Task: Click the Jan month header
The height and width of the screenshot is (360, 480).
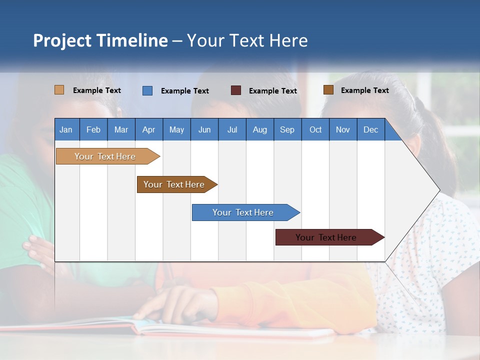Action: coord(66,129)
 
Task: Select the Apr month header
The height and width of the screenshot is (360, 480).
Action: coord(148,129)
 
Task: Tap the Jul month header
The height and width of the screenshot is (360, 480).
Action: coord(232,129)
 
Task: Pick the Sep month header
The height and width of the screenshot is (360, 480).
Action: coord(287,129)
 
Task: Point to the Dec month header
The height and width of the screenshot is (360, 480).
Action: coord(370,129)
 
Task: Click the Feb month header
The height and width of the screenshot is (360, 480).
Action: coord(93,129)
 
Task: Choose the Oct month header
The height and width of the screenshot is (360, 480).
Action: coord(315,129)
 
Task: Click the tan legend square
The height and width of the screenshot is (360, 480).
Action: coord(59,90)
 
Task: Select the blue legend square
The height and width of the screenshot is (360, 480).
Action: coord(147,90)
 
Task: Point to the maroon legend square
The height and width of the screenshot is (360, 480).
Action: coord(236,90)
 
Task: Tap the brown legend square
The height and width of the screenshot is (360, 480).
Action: coord(328,90)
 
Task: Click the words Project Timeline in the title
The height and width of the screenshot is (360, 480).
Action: coord(100,40)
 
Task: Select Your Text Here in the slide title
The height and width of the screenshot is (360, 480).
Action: coord(247,40)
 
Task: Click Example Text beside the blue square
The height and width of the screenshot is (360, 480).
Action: coord(185,91)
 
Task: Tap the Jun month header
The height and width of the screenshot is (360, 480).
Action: coord(204,129)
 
